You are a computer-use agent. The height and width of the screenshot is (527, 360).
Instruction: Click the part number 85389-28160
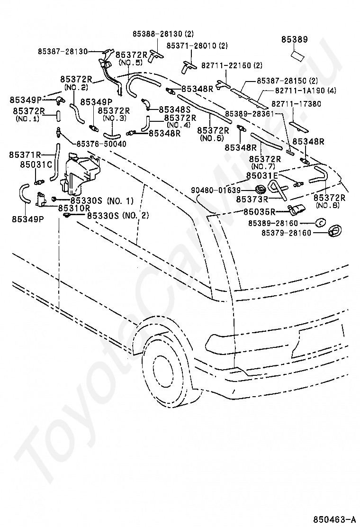[x=273, y=223]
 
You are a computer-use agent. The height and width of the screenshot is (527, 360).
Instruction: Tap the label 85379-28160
[x=287, y=233]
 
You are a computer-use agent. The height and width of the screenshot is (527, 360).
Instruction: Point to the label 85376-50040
[x=101, y=144]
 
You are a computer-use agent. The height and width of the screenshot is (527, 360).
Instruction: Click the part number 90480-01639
[x=216, y=190]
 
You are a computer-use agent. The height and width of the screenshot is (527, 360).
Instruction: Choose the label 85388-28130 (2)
[x=163, y=34]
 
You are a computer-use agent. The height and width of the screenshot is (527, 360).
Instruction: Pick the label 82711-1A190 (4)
[x=306, y=90]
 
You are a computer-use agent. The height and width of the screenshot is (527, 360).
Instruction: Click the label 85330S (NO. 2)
[x=118, y=215]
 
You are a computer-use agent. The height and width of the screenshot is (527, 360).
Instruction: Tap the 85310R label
[x=74, y=208]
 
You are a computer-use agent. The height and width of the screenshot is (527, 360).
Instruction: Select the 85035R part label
[x=259, y=212]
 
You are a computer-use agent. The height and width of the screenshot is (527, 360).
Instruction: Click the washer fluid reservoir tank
[x=80, y=173]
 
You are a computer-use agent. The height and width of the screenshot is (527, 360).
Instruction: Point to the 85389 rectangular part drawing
[x=298, y=55]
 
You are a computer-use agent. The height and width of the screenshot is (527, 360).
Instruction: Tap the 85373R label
[x=252, y=199]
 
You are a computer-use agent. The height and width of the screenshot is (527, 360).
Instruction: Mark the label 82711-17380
[x=296, y=104]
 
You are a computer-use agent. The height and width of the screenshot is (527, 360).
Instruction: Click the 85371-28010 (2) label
[x=197, y=45]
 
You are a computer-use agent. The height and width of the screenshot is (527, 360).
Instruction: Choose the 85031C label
[x=36, y=165]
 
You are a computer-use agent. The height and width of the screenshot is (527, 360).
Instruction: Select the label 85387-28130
[x=63, y=52]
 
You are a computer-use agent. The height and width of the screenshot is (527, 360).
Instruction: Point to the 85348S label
[x=175, y=109]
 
